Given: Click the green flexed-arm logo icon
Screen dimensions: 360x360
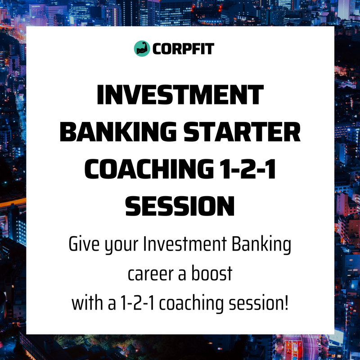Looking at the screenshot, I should (142, 48).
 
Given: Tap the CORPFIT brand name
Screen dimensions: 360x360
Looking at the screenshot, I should (183, 48).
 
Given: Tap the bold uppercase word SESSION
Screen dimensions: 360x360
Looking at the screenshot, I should (180, 207).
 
